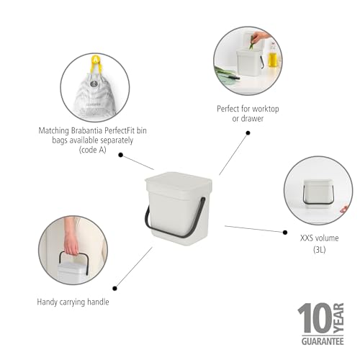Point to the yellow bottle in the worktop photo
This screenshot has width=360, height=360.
click(272, 56)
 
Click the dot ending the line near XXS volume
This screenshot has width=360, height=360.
click(282, 231)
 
